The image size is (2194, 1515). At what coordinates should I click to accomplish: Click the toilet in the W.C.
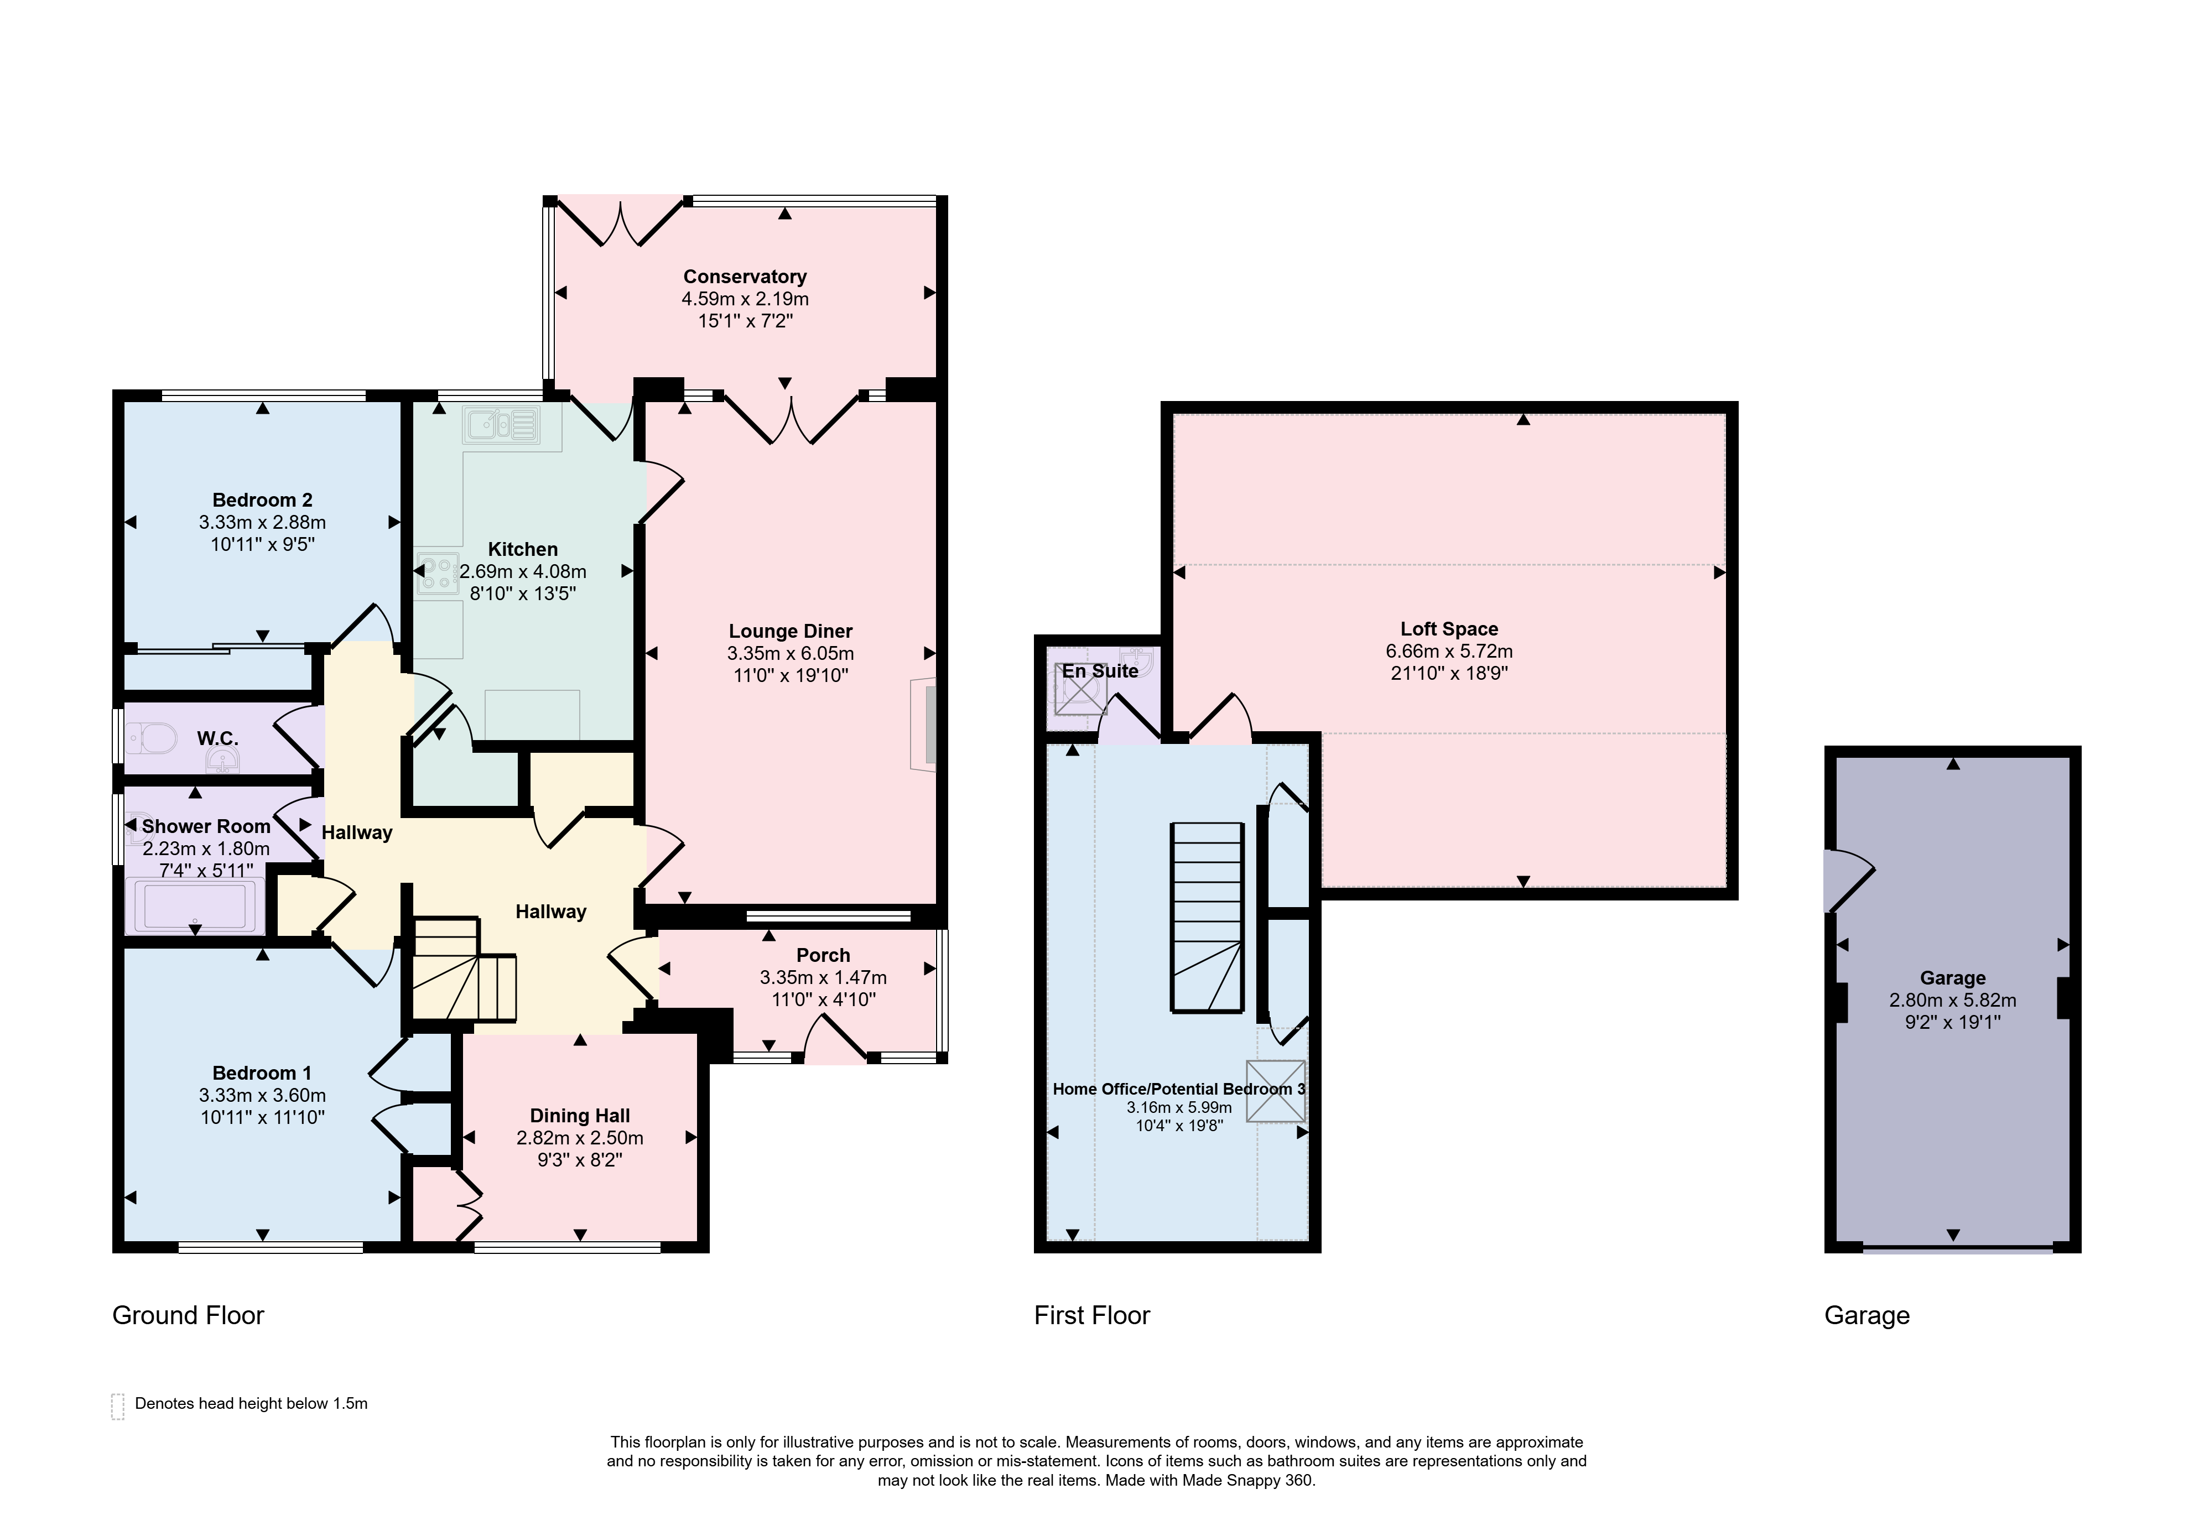click(152, 737)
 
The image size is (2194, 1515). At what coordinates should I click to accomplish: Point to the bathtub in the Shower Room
click(195, 905)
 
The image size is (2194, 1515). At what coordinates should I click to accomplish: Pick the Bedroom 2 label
click(262, 499)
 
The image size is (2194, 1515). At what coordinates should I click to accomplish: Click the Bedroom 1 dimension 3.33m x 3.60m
click(262, 1095)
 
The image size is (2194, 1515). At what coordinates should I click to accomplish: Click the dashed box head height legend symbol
click(118, 1407)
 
